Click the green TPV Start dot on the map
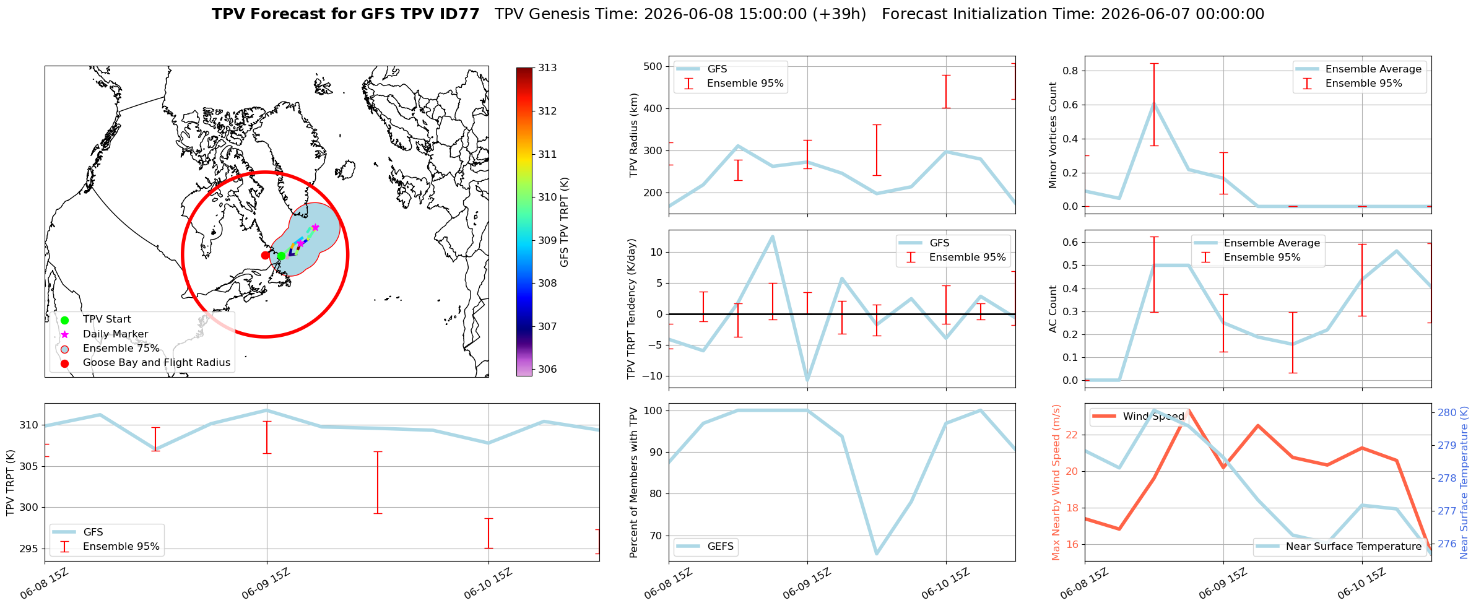(281, 256)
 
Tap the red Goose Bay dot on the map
(265, 255)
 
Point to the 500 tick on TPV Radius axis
(653, 66)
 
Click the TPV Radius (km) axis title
(633, 135)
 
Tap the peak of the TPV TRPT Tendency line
(772, 236)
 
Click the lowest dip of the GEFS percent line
(877, 554)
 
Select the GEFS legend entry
(706, 547)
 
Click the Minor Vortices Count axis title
(1053, 135)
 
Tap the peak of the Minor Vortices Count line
(1153, 103)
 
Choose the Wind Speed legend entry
(1139, 416)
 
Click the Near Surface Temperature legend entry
(1339, 547)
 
